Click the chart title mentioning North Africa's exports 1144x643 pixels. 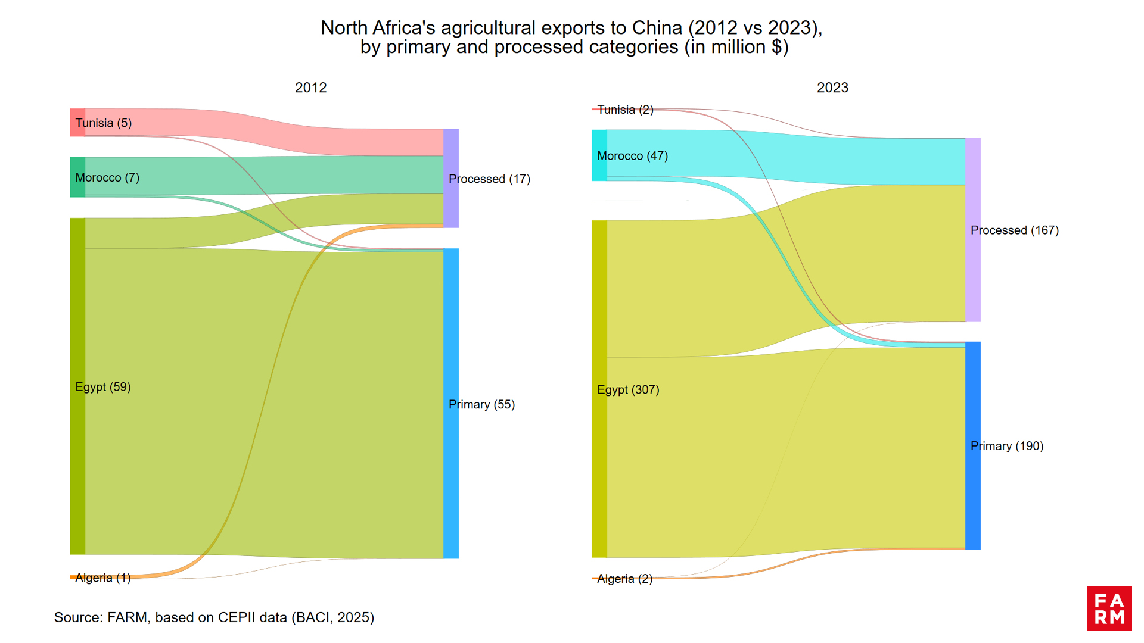click(x=572, y=37)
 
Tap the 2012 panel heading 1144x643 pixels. click(x=310, y=88)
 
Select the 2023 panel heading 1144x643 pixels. click(x=832, y=88)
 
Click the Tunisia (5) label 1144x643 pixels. click(x=103, y=123)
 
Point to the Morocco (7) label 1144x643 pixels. click(x=107, y=177)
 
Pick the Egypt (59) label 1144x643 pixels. click(x=103, y=387)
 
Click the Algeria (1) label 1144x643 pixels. click(x=103, y=578)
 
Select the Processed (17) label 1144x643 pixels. click(x=489, y=179)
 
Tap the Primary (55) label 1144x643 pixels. click(x=481, y=404)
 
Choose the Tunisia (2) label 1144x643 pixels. click(x=625, y=110)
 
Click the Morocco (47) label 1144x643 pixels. click(x=632, y=156)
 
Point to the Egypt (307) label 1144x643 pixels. click(x=628, y=389)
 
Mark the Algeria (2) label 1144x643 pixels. click(x=624, y=579)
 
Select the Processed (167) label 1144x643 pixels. click(x=1014, y=230)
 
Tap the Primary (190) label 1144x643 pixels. click(x=1007, y=446)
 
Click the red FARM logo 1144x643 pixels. click(x=1109, y=608)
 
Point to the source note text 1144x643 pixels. click(x=214, y=617)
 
